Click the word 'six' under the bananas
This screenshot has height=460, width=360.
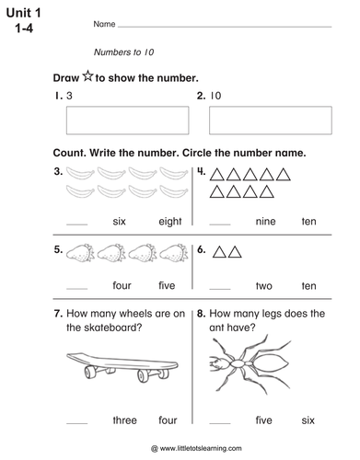pyautogui.click(x=119, y=222)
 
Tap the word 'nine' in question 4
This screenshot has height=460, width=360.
pyautogui.click(x=264, y=222)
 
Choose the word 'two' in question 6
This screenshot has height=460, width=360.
pyautogui.click(x=264, y=286)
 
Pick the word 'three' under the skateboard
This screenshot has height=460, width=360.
pyautogui.click(x=124, y=420)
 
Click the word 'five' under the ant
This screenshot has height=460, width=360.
pyautogui.click(x=264, y=420)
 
